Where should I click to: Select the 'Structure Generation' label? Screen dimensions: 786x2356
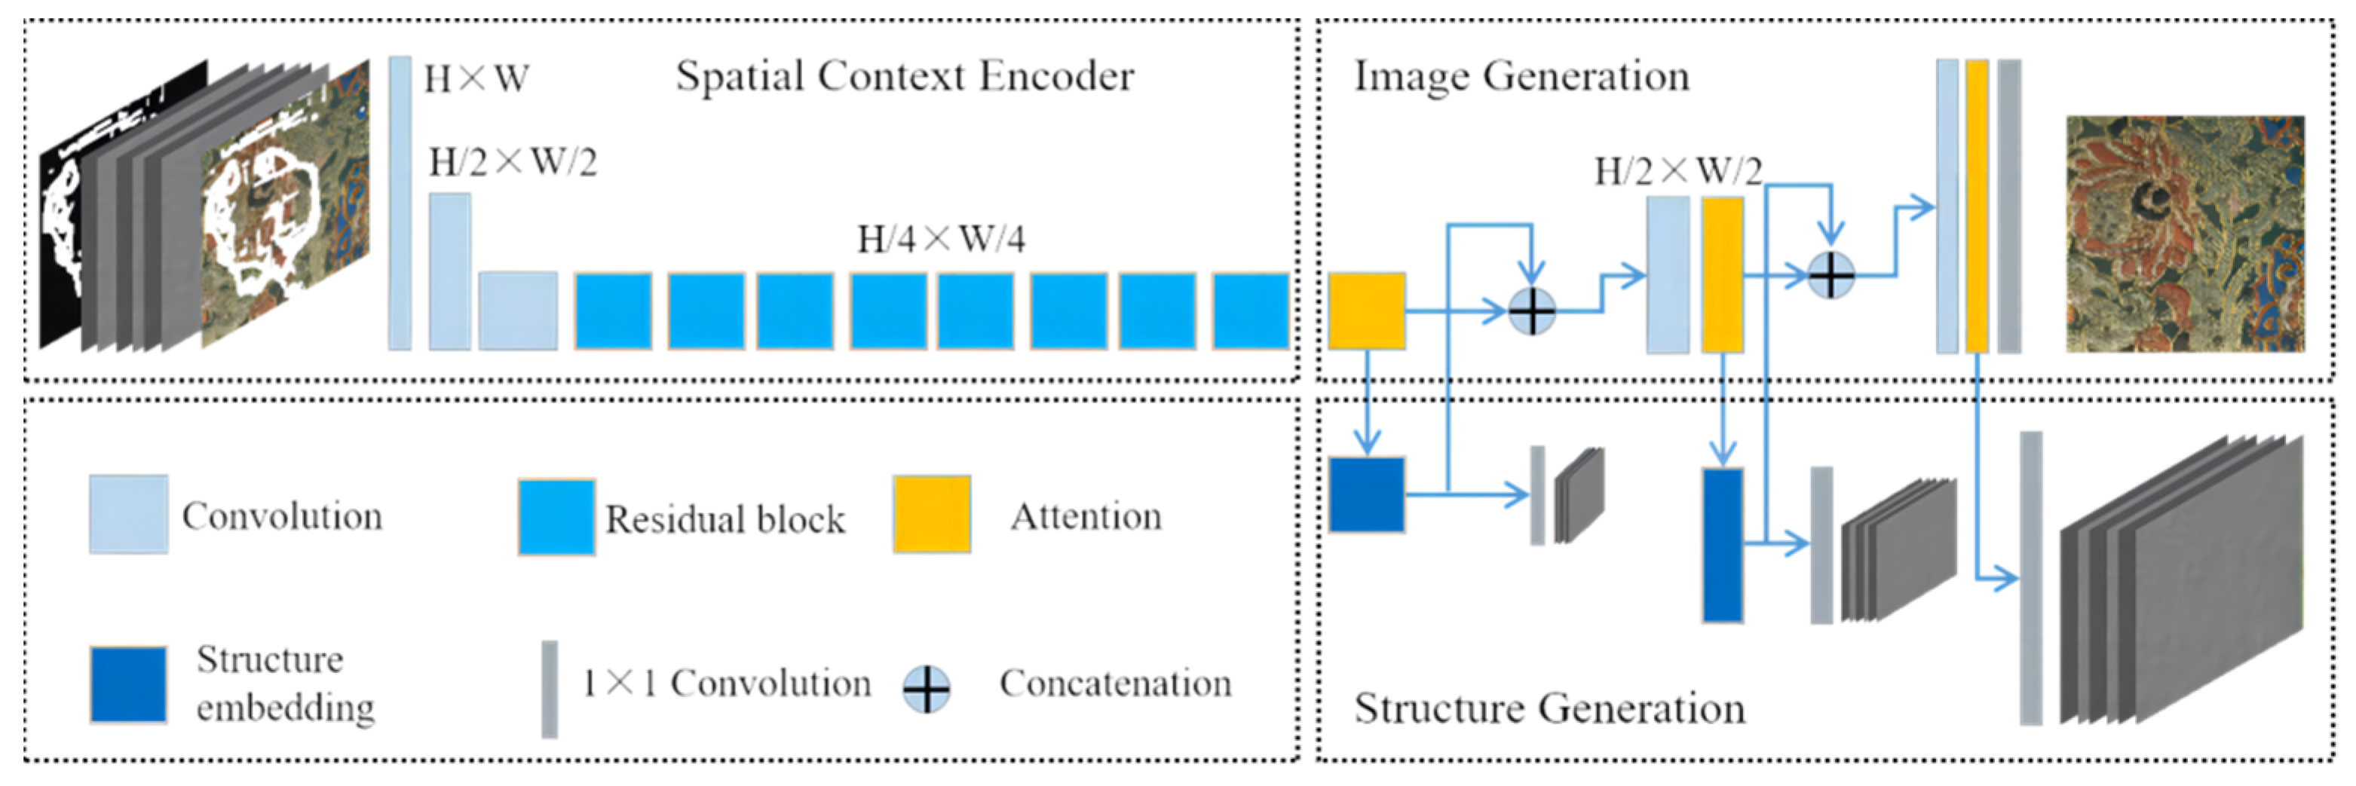[1549, 708]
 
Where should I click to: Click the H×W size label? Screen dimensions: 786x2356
[476, 80]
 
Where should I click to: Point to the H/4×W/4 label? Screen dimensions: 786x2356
[940, 240]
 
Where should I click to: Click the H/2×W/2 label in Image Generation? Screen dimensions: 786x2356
[1677, 171]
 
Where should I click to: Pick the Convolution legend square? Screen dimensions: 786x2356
[128, 514]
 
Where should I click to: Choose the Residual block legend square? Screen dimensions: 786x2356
[556, 516]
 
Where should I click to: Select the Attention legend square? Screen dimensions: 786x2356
[931, 514]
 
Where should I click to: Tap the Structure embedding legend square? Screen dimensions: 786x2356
[128, 684]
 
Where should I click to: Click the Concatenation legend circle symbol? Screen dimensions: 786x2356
[926, 689]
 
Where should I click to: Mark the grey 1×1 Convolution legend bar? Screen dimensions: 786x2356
[549, 688]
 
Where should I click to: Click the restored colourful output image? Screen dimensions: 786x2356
[2184, 234]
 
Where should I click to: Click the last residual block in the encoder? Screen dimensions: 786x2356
[1250, 310]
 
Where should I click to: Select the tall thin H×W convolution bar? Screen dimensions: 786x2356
[400, 203]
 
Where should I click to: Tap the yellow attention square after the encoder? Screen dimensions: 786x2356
[1366, 310]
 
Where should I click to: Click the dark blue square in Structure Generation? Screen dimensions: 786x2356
[1366, 494]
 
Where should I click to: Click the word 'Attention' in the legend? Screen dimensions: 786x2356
[1086, 517]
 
